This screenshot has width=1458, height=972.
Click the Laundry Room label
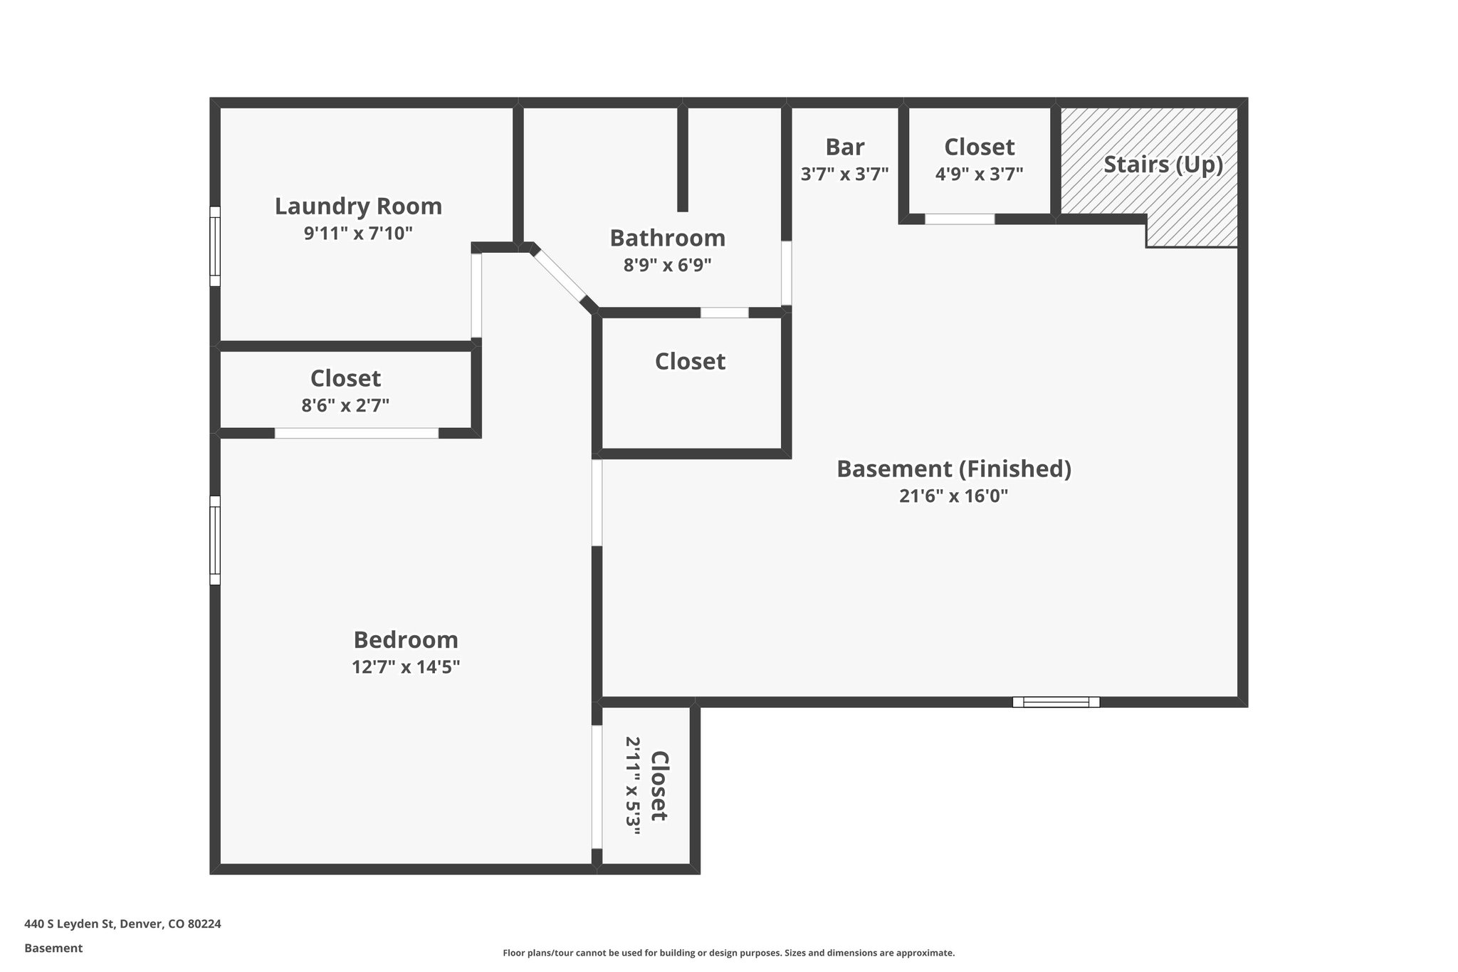358,207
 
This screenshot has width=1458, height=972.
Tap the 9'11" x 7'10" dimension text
358,234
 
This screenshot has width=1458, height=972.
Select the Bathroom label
667,238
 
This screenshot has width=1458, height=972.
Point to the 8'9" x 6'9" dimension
667,266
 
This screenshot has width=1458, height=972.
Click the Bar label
844,147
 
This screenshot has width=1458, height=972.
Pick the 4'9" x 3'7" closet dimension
979,174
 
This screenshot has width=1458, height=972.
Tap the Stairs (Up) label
1163,164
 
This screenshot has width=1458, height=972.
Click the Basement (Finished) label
953,469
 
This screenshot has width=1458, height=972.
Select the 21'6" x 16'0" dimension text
953,496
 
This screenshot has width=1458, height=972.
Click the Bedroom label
406,640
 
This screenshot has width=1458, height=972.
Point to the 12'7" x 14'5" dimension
406,667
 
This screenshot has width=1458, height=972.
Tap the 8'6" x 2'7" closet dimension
345,406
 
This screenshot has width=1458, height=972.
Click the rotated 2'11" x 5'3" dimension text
633,786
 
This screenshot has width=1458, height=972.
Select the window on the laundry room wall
214,246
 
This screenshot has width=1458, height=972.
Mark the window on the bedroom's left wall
214,540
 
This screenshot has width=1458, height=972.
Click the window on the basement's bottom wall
1056,702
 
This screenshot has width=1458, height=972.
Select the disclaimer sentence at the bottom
728,953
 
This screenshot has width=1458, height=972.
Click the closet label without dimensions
690,362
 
